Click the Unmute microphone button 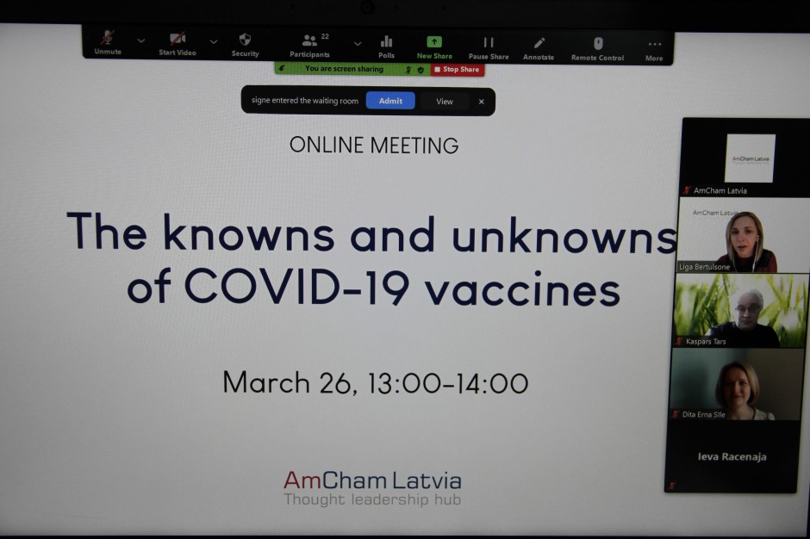108,42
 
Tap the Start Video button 178,44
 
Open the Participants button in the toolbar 309,46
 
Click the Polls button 386,47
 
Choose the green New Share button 434,47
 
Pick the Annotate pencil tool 539,49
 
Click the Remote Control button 598,50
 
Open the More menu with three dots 654,51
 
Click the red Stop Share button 458,69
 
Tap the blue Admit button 390,101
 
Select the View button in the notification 445,102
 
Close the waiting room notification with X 482,102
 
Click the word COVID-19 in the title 296,287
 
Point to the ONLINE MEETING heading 374,145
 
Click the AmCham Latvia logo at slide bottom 372,487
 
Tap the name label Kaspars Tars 706,341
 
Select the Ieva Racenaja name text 732,456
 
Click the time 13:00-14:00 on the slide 448,383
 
